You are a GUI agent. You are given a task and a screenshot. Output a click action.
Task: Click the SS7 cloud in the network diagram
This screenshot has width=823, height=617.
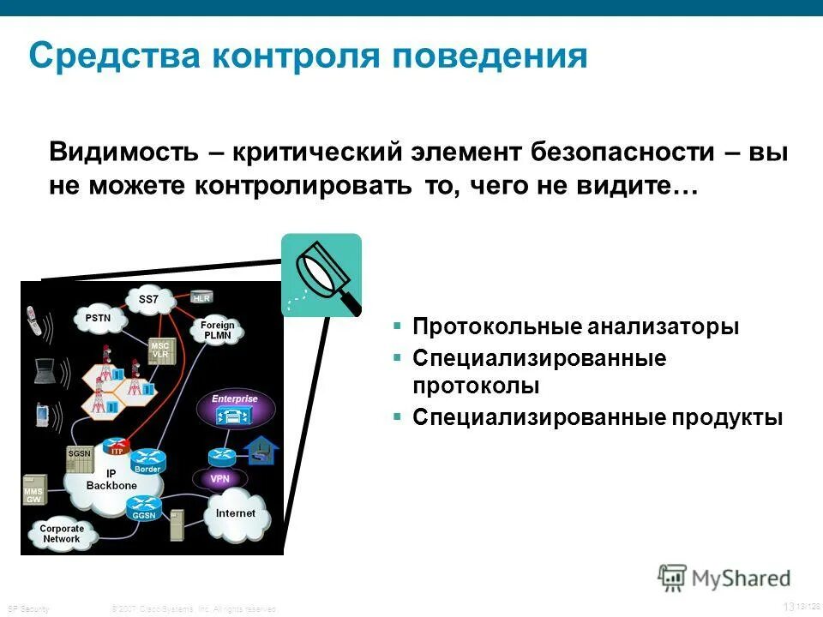148,300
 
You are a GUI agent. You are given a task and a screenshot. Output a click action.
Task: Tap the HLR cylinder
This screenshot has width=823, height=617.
202,297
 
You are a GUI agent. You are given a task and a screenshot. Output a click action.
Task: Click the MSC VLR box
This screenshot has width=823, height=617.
160,349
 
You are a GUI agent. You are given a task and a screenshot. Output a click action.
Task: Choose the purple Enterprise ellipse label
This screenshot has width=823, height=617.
234,399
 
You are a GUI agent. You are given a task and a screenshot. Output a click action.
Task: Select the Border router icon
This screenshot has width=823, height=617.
147,461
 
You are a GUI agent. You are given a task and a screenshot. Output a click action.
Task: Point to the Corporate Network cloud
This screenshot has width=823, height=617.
62,534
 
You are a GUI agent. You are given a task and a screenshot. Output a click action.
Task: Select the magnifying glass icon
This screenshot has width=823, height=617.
321,274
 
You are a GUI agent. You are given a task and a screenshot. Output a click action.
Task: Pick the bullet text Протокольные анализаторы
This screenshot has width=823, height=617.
575,327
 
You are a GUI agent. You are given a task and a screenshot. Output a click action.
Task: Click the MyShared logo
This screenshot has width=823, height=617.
724,577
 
